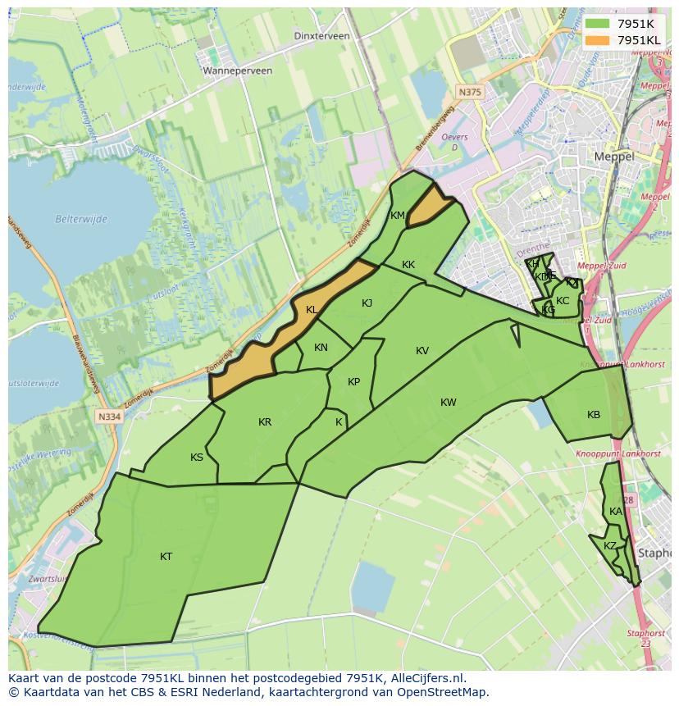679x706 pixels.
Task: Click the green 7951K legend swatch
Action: pyautogui.click(x=598, y=24)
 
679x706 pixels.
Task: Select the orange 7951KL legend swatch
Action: pyautogui.click(x=598, y=39)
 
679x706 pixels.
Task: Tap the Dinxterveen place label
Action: pyautogui.click(x=321, y=36)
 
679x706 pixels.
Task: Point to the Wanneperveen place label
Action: pyautogui.click(x=238, y=71)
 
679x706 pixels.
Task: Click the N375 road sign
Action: pyautogui.click(x=470, y=93)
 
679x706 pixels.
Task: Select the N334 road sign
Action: pyautogui.click(x=108, y=417)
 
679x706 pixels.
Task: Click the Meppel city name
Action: pyautogui.click(x=614, y=156)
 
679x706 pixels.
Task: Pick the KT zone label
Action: pyautogui.click(x=166, y=557)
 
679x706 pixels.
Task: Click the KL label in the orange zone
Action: pyautogui.click(x=312, y=310)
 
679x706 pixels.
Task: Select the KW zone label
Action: pyautogui.click(x=448, y=403)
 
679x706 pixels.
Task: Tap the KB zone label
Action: pyautogui.click(x=594, y=415)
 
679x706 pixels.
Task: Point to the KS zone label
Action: pyautogui.click(x=197, y=458)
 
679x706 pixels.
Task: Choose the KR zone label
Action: pyautogui.click(x=265, y=422)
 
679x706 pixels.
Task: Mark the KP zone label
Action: pyautogui.click(x=353, y=382)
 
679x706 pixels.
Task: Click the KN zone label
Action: pyautogui.click(x=321, y=348)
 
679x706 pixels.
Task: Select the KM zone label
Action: pyautogui.click(x=398, y=216)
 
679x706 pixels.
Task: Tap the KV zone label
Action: pyautogui.click(x=422, y=351)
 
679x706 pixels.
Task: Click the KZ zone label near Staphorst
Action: pyautogui.click(x=610, y=546)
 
